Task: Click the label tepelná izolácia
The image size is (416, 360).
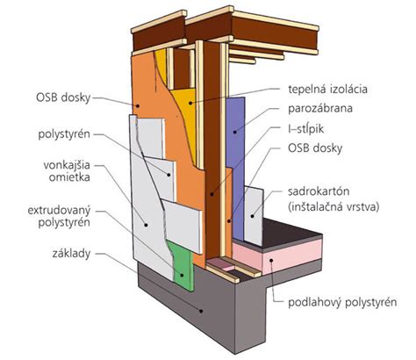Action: click(327, 89)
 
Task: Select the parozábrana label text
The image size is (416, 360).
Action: click(320, 109)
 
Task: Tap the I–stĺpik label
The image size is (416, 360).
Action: click(305, 128)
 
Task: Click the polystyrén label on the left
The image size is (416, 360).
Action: click(64, 134)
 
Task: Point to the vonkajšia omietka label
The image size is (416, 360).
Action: click(67, 171)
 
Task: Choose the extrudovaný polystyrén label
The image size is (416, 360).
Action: click(59, 217)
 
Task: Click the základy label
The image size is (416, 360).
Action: click(71, 254)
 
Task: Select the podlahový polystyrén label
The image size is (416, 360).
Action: click(342, 302)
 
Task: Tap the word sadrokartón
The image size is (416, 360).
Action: click(319, 191)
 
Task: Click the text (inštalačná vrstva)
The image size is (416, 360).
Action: click(334, 207)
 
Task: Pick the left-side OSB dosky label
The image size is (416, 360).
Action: click(63, 97)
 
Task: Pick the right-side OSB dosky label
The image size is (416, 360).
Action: click(315, 148)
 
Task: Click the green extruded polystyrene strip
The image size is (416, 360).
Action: click(182, 263)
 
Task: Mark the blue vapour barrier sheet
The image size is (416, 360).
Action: click(235, 164)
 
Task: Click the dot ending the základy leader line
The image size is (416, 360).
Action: click(201, 311)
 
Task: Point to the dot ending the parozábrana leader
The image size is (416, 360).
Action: click(235, 132)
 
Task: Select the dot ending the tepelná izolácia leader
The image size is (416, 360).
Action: click(190, 103)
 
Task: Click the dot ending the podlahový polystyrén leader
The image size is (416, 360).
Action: click(272, 260)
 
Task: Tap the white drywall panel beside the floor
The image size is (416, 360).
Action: click(254, 216)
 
